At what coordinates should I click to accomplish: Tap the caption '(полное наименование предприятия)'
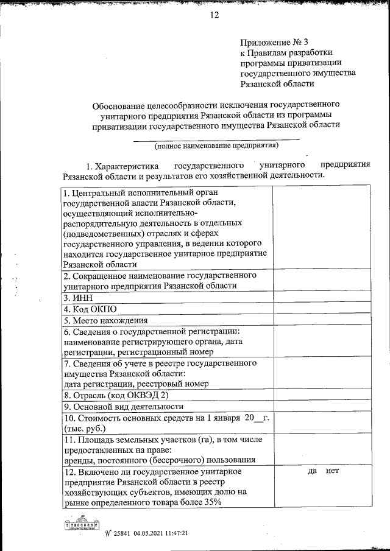click(216, 146)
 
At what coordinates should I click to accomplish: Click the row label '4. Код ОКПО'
click(90, 309)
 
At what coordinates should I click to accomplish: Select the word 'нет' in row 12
click(332, 471)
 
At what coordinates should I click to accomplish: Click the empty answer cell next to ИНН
click(322, 298)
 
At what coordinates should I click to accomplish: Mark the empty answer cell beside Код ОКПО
click(322, 309)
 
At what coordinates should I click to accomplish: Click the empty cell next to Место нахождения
click(322, 320)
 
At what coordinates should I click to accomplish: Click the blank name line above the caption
click(216, 139)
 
